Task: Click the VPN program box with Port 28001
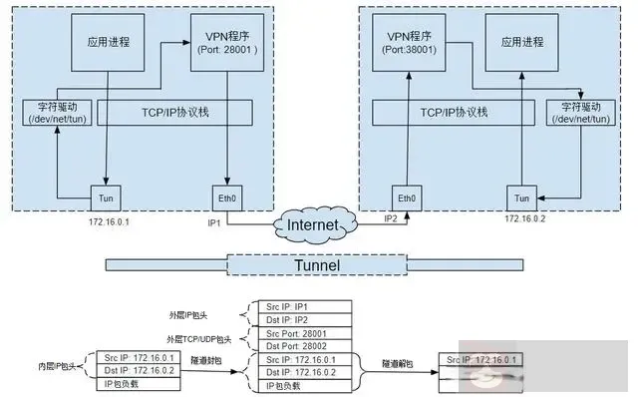pyautogui.click(x=228, y=44)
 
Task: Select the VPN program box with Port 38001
pyautogui.click(x=409, y=44)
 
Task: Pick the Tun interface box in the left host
pyautogui.click(x=106, y=197)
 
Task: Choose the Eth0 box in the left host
pyautogui.click(x=228, y=197)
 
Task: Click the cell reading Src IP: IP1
pyautogui.click(x=301, y=306)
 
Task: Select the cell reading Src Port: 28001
pyautogui.click(x=301, y=332)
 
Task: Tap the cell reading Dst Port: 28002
pyautogui.click(x=301, y=344)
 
